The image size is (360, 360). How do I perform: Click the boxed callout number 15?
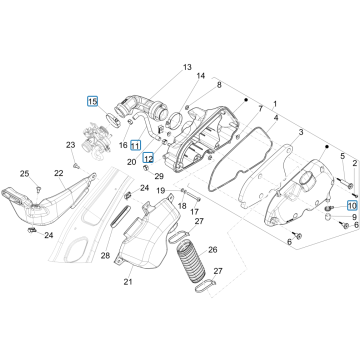pos(93,102)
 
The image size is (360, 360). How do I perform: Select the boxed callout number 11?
pos(136,145)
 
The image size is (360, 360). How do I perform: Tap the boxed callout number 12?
pos(148,158)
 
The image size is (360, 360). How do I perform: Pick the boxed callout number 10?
pos(351,203)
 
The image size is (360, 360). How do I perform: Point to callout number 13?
pos(186,66)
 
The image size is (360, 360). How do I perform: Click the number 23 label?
pos(72,148)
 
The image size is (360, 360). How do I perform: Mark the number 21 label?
pos(128,283)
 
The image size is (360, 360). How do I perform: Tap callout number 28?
pos(104,256)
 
